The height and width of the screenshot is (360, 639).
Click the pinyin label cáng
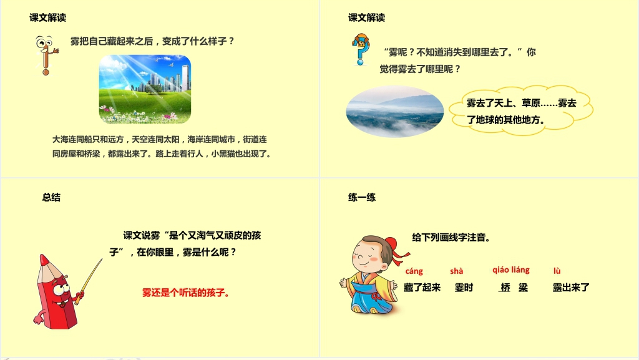click(x=414, y=271)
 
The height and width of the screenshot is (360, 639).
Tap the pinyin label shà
click(x=456, y=271)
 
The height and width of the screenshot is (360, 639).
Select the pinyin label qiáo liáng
click(x=511, y=270)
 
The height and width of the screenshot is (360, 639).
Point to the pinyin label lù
click(x=557, y=271)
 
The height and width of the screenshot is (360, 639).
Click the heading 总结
click(x=51, y=197)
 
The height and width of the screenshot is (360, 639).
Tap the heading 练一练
click(x=362, y=197)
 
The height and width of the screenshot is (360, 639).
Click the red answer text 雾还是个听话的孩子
click(x=185, y=291)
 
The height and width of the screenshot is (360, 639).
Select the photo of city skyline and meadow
click(x=145, y=89)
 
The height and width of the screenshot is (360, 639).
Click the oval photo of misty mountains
click(x=395, y=111)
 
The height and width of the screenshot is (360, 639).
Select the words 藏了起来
click(x=422, y=288)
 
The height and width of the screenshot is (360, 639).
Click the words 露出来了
click(x=571, y=288)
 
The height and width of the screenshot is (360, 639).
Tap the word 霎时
click(x=464, y=288)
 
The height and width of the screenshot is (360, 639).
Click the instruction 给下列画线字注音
click(x=451, y=237)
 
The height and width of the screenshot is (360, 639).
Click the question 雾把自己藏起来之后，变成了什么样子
click(x=152, y=41)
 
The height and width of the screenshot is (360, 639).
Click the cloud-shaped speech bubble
click(x=529, y=110)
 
